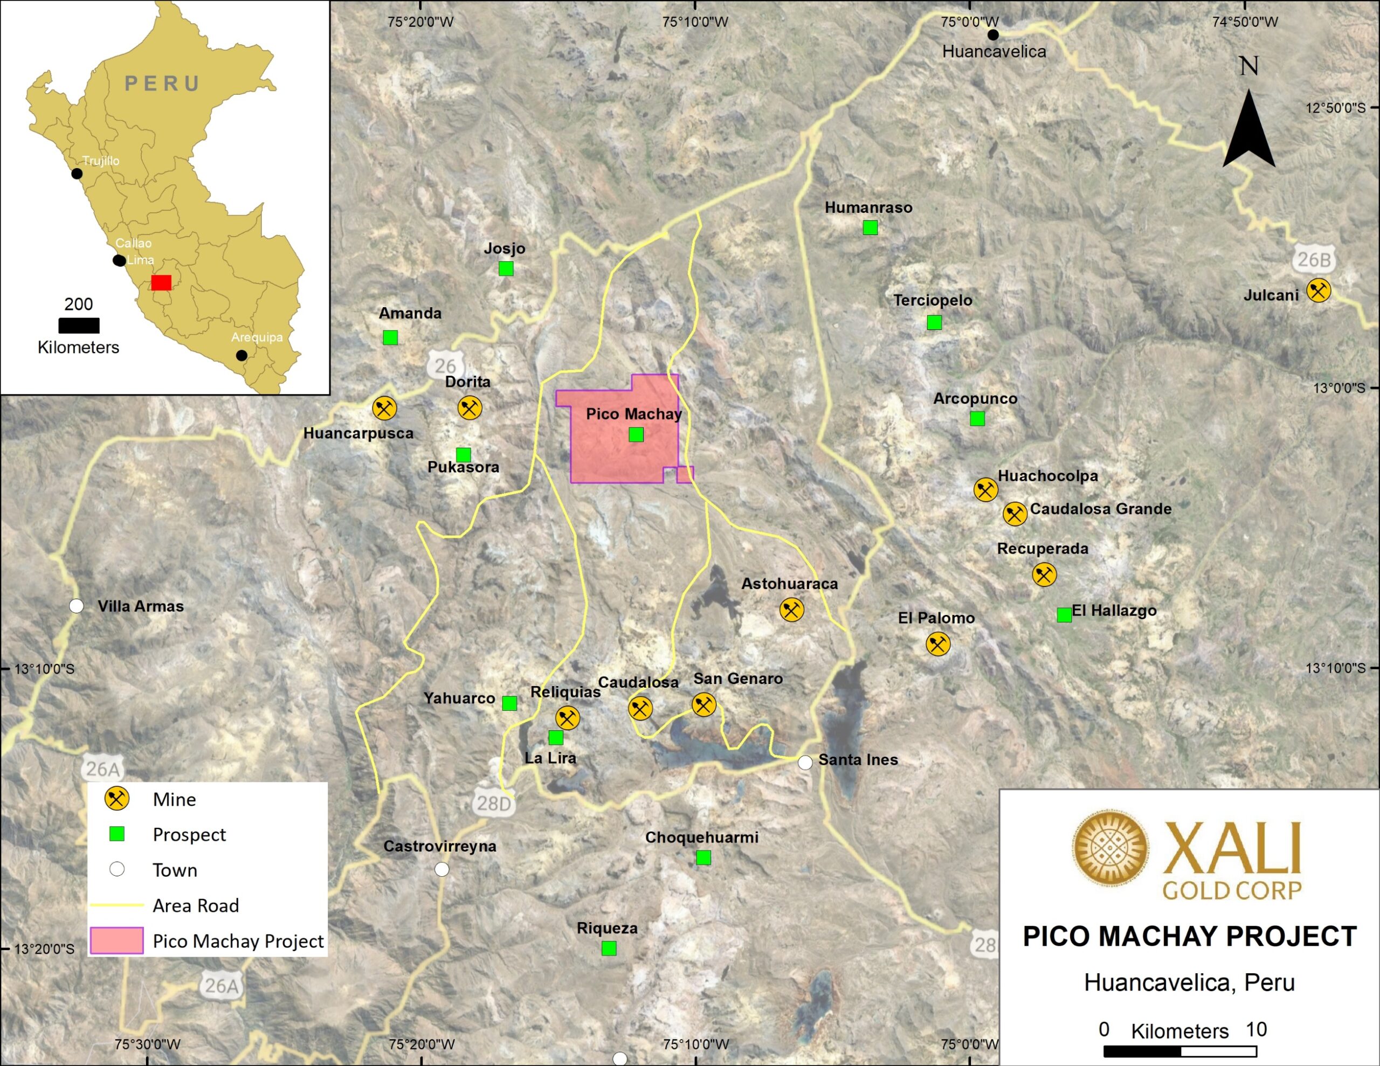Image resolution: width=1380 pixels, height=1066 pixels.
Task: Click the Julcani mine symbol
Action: pos(1318,290)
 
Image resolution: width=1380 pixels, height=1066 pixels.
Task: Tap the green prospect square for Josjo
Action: pos(506,268)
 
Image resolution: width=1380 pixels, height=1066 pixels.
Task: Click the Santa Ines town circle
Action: pos(805,762)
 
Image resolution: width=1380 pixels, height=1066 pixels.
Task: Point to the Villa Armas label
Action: pos(140,606)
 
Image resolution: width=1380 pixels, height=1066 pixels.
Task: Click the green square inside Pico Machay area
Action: pos(636,434)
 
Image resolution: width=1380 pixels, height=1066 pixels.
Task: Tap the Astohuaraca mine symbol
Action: pos(791,610)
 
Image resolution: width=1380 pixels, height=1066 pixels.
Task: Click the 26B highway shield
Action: pos(1314,260)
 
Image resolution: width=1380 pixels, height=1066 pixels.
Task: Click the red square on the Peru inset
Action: pos(161,282)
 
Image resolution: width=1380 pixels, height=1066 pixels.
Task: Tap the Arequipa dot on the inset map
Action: pos(241,356)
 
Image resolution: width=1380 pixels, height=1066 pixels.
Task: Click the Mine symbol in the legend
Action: pos(117,799)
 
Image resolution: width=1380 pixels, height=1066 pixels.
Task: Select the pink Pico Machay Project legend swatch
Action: pos(116,940)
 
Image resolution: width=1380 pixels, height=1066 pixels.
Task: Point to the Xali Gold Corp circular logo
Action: pos(1109,848)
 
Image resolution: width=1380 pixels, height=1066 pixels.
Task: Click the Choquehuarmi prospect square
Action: pos(703,857)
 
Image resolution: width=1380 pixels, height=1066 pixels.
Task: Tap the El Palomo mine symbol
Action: pos(937,645)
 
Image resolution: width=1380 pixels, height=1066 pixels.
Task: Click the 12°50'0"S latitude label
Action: pos(1335,108)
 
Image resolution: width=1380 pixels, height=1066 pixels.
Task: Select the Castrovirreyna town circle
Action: pos(441,869)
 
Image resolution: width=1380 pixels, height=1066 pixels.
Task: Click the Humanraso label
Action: pos(868,207)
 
